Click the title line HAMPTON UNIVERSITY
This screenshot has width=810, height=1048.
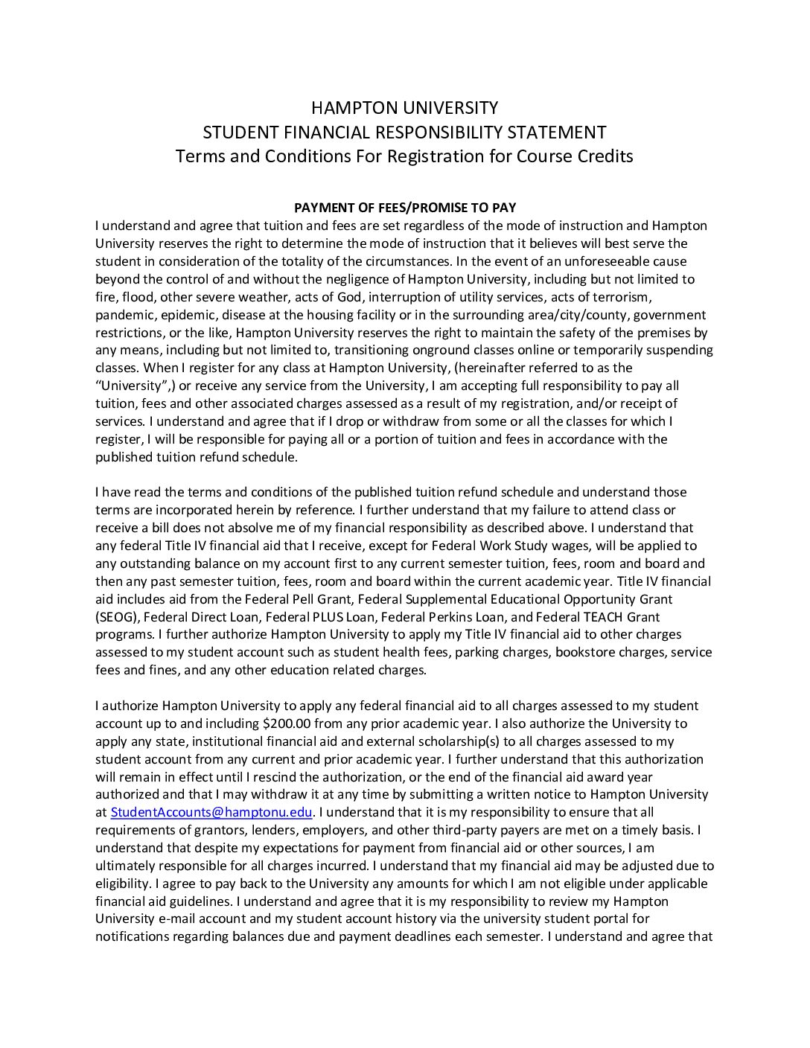pyautogui.click(x=404, y=108)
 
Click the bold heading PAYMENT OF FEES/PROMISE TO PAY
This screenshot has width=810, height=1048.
pyautogui.click(x=405, y=208)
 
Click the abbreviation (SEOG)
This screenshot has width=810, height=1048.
pyautogui.click(x=117, y=617)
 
